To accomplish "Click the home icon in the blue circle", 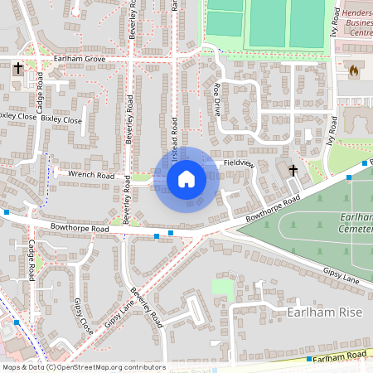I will point(186,178).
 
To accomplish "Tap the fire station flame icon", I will point(356,70).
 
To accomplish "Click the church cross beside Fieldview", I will point(293,171).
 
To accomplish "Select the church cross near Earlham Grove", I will point(17,69).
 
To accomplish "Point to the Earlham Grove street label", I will point(80,61).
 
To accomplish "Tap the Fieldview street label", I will point(237,163).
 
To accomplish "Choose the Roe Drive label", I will point(217,98).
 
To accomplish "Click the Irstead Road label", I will point(175,133).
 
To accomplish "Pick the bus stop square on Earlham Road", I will point(309,360).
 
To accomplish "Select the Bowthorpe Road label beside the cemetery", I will point(273,210).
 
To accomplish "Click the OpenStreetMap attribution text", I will point(83,367).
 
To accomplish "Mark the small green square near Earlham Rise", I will point(222,288).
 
